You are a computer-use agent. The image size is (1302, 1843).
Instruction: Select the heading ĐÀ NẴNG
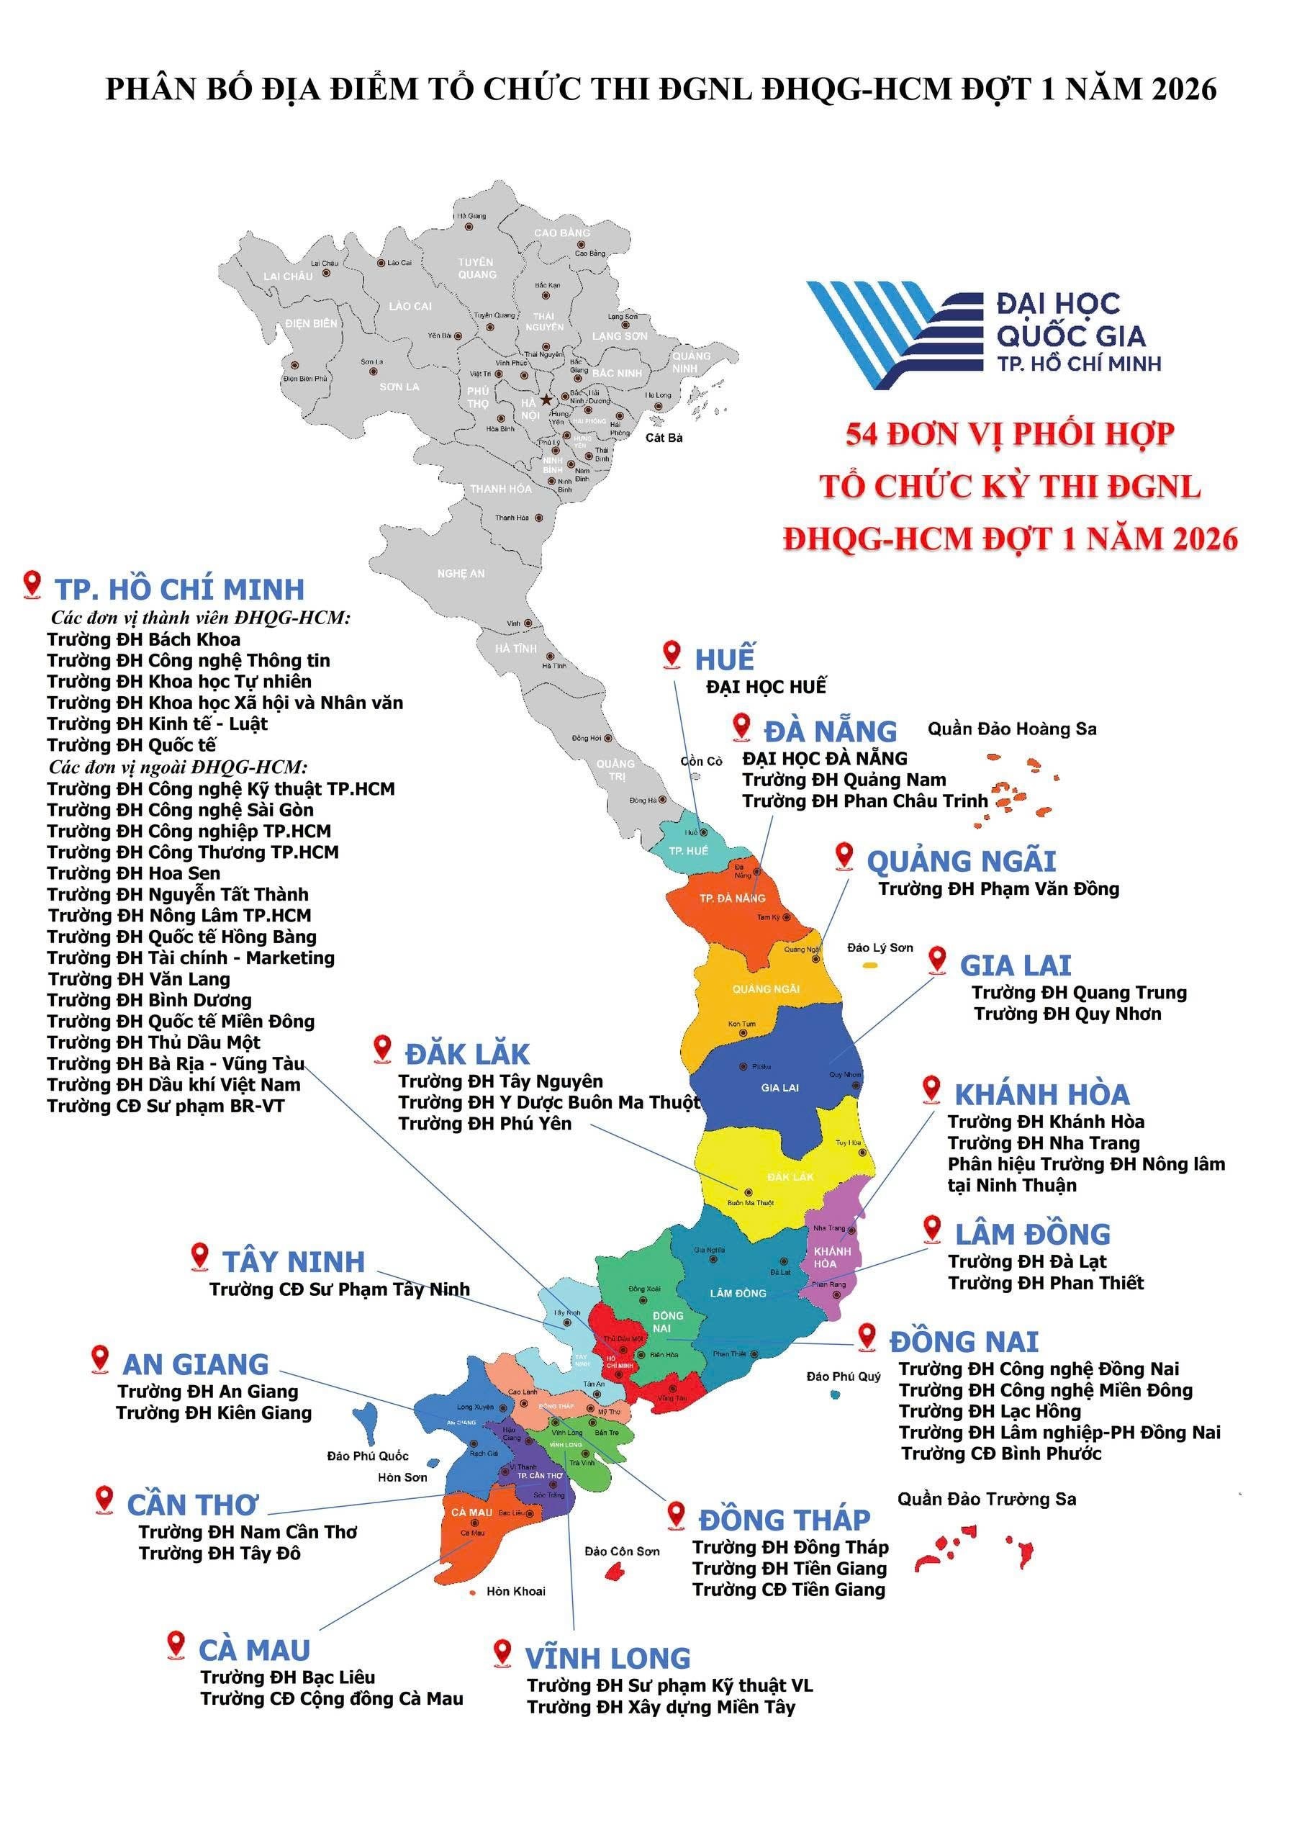click(830, 731)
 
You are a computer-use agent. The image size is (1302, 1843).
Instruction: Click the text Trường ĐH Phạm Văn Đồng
click(998, 888)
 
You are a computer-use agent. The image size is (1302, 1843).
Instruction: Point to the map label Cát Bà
click(664, 438)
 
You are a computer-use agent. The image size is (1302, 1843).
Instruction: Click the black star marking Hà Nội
click(546, 400)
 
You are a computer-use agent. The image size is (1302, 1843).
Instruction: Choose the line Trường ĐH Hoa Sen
click(133, 873)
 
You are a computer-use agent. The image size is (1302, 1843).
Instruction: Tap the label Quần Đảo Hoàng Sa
click(1011, 729)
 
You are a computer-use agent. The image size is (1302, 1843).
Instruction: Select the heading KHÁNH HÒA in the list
click(1041, 1095)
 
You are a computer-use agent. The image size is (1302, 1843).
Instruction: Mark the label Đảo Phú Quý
click(843, 1376)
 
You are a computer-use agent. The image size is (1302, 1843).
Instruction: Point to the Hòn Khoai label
click(515, 1592)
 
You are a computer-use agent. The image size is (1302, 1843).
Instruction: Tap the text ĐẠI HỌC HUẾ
click(766, 687)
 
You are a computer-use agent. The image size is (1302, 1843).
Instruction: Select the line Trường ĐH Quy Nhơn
click(1067, 1014)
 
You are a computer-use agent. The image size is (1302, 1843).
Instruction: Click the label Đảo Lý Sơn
click(880, 948)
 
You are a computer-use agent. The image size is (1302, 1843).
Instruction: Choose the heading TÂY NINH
click(294, 1262)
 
